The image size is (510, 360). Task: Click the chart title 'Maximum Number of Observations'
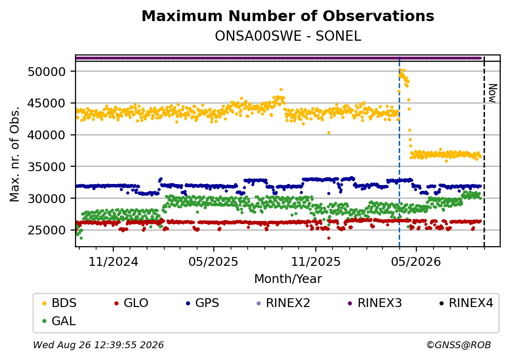pyautogui.click(x=288, y=16)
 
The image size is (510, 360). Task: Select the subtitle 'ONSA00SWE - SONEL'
pyautogui.click(x=288, y=36)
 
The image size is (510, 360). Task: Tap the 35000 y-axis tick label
pyautogui.click(x=47, y=167)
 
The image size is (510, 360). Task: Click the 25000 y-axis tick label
pyautogui.click(x=47, y=230)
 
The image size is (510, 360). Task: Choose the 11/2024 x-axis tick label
pyautogui.click(x=113, y=262)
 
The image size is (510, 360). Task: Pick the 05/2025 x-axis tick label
pyautogui.click(x=213, y=262)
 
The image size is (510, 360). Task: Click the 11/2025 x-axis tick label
pyautogui.click(x=315, y=262)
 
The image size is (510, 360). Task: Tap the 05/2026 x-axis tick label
pyautogui.click(x=416, y=262)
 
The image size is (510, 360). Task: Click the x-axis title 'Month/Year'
pyautogui.click(x=288, y=279)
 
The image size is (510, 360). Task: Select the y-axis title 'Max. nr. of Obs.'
pyautogui.click(x=15, y=154)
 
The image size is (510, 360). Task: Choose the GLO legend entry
pyautogui.click(x=131, y=303)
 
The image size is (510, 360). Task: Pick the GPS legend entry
pyautogui.click(x=203, y=303)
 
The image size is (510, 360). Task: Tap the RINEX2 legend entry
pyautogui.click(x=283, y=303)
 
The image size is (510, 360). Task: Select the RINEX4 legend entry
pyautogui.click(x=466, y=303)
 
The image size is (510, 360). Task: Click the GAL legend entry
pyautogui.click(x=59, y=321)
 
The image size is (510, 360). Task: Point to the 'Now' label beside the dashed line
pyautogui.click(x=493, y=93)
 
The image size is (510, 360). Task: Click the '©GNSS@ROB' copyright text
pyautogui.click(x=459, y=345)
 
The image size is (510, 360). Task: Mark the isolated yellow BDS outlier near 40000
pyautogui.click(x=329, y=133)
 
